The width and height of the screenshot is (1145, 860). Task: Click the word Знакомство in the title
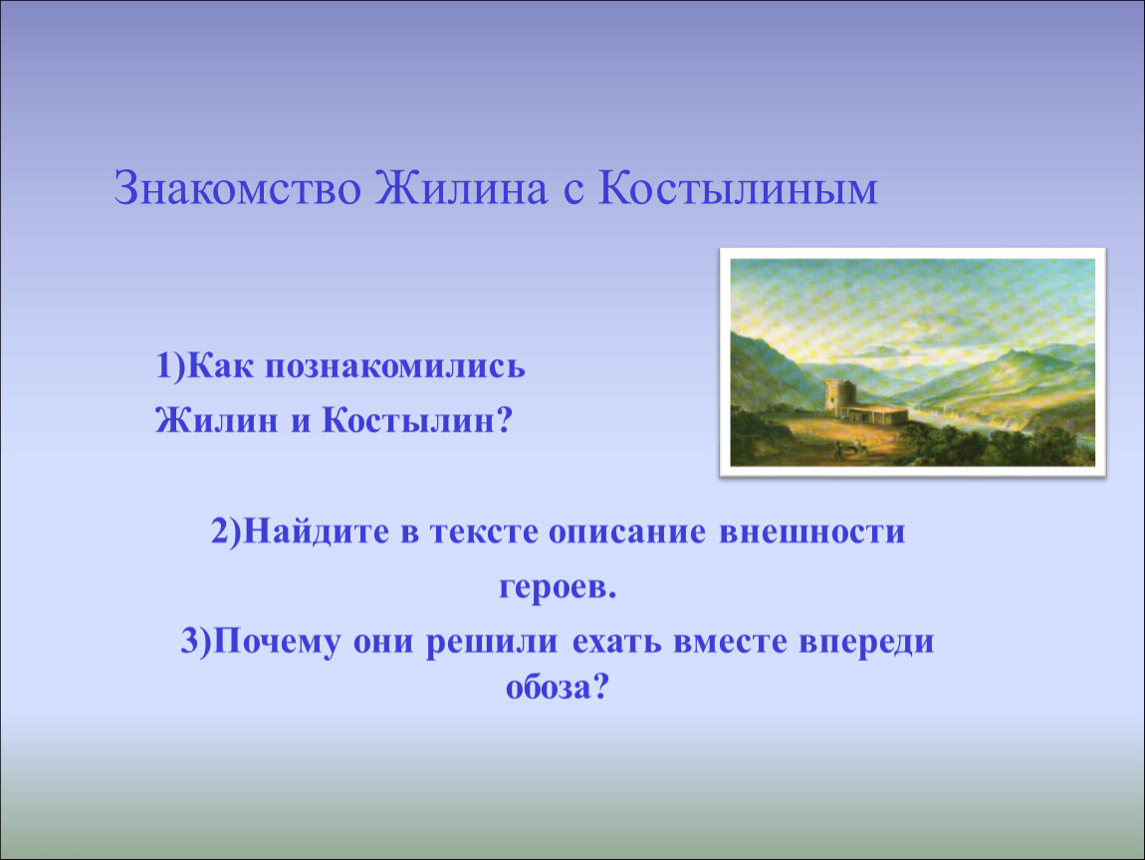237,188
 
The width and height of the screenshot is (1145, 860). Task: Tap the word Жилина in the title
462,188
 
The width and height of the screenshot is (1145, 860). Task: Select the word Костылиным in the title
738,188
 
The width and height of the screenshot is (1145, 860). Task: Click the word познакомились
394,366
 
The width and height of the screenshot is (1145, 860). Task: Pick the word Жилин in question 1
216,420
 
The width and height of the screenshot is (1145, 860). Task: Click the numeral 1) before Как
170,366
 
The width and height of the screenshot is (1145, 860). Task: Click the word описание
627,533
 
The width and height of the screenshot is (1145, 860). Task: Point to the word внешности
812,533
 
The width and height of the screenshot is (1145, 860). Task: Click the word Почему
277,642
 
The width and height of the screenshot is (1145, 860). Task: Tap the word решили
492,642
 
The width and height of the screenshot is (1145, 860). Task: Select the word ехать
615,642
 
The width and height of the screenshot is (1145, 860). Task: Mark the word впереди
866,642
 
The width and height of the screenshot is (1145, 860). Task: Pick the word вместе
729,642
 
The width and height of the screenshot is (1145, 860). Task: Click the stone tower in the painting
842,396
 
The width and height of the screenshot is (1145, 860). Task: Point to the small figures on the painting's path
850,448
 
